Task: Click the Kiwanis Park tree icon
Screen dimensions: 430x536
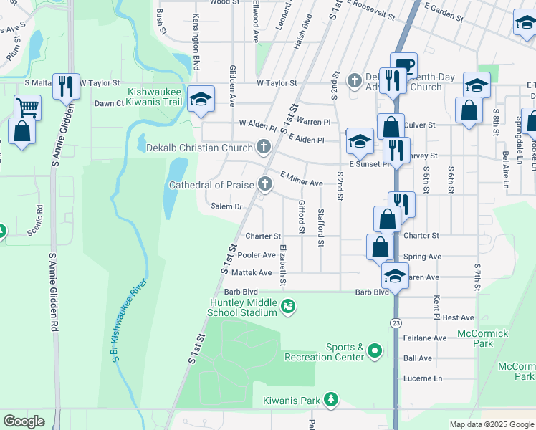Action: [330, 398]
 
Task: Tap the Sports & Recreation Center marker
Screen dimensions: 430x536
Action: [375, 351]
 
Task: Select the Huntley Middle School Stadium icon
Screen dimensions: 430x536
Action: [288, 307]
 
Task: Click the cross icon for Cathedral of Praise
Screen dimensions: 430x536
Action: [264, 185]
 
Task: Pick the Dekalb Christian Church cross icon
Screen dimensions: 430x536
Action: [264, 148]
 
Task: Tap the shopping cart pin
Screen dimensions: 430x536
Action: [27, 107]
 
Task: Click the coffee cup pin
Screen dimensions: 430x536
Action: [403, 65]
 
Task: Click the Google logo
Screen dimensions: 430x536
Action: [24, 421]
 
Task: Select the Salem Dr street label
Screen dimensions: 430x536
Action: [228, 206]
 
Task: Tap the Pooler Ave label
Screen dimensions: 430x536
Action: [257, 255]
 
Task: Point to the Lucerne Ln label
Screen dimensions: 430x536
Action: [423, 378]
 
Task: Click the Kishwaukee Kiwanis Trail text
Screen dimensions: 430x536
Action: [155, 97]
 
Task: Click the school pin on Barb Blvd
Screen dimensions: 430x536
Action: [395, 275]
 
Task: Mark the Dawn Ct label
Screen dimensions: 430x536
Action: [110, 104]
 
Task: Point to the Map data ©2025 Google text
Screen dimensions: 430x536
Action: [491, 424]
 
